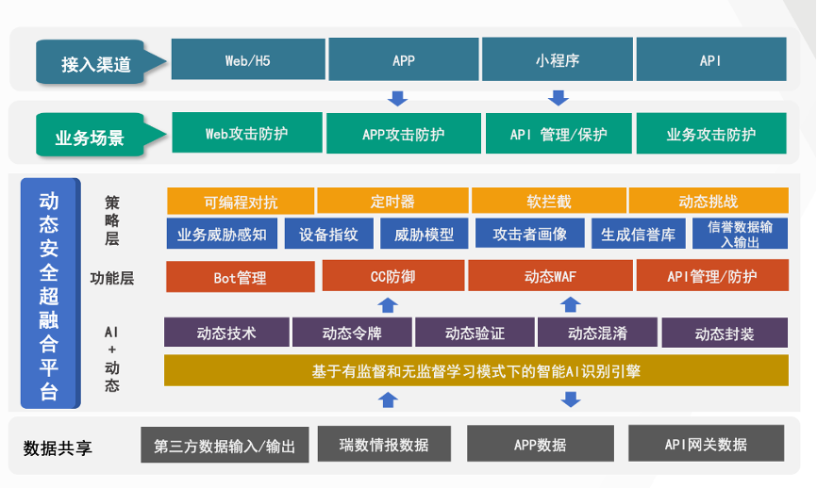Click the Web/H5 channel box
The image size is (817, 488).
click(x=248, y=59)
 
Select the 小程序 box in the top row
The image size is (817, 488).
click(x=557, y=59)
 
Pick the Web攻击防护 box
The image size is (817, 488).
click(x=247, y=133)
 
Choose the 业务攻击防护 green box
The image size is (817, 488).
click(x=711, y=134)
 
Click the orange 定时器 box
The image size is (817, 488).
click(x=392, y=201)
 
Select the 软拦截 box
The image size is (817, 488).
click(x=549, y=201)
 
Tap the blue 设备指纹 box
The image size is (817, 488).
click(x=328, y=234)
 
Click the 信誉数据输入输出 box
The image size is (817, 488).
click(x=740, y=234)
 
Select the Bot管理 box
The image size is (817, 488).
click(x=241, y=277)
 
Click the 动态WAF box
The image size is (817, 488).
click(x=550, y=276)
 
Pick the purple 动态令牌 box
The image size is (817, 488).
click(x=352, y=332)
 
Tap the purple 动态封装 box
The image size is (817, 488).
click(x=725, y=333)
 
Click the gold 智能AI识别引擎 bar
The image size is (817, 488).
click(x=475, y=370)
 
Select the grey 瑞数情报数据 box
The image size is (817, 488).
click(x=384, y=444)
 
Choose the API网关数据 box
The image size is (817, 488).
click(x=706, y=444)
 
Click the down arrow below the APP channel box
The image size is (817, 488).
click(x=397, y=98)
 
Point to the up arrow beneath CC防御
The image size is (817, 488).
click(x=388, y=305)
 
